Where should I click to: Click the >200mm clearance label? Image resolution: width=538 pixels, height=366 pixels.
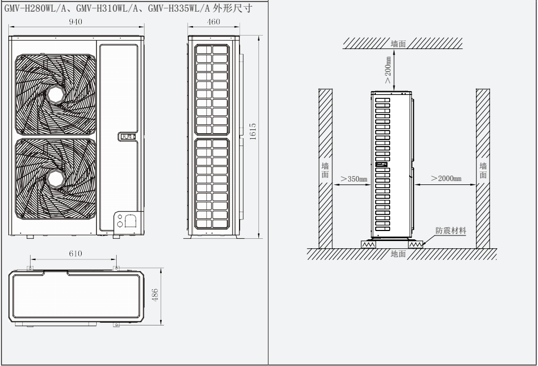387,69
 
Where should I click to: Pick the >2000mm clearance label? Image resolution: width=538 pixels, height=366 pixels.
446,179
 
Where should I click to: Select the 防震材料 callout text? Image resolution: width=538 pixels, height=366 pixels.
451,230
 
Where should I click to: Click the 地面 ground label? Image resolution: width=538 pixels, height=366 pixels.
398,254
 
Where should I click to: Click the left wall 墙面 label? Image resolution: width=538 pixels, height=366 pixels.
325,170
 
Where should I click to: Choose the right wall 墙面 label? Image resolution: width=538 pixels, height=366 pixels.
483,170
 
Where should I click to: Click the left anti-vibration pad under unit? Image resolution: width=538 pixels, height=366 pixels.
367,244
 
